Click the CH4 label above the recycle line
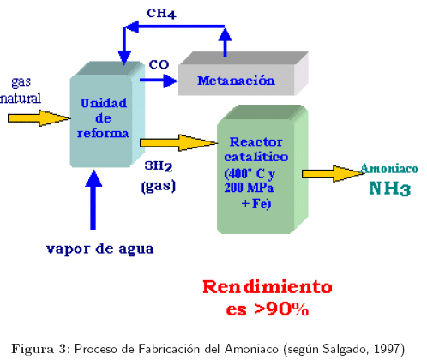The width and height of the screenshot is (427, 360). (161, 13)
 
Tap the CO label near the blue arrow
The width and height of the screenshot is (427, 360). (159, 64)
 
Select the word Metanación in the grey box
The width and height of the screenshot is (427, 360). (236, 81)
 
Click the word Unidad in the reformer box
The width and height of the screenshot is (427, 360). (104, 103)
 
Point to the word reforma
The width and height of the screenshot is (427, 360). (103, 134)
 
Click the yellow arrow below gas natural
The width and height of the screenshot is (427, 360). (39, 118)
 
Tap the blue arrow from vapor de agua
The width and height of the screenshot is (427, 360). (93, 200)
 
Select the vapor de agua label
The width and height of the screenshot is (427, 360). (100, 249)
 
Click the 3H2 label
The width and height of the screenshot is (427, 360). (159, 166)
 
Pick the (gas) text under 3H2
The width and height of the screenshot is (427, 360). (159, 186)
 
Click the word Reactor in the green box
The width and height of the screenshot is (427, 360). (256, 141)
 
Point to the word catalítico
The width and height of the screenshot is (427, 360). (256, 157)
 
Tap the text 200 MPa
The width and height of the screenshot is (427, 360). (249, 188)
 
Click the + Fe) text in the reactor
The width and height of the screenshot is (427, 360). (256, 204)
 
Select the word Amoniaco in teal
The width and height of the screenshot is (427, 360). (389, 169)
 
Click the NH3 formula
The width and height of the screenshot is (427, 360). (389, 189)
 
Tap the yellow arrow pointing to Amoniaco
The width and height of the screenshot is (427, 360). (334, 174)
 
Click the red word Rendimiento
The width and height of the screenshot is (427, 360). (268, 287)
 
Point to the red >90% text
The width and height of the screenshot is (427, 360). (281, 309)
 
